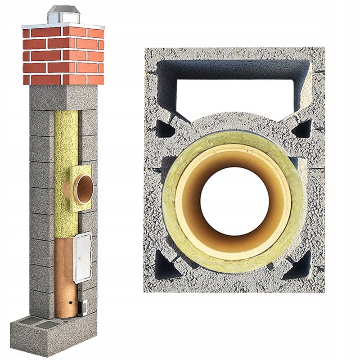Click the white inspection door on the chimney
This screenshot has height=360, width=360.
coord(83,256)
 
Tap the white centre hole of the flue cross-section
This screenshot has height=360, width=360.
coord(234,200)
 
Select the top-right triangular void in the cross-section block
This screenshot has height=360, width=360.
coord(300,129)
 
